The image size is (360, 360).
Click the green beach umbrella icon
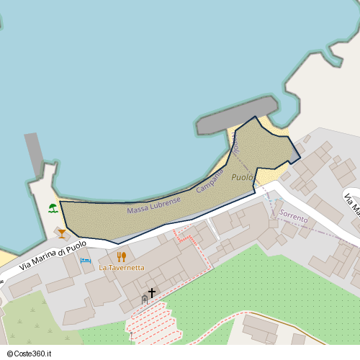coord(53,209)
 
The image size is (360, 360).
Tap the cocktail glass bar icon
coord(62,233)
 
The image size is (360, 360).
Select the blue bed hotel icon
coord(85,260)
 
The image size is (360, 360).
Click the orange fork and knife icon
coord(122,256)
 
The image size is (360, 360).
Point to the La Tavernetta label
coord(122,268)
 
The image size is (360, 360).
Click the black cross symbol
coord(152,292)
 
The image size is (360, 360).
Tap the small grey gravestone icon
coord(144,298)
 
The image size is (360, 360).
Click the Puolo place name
coord(243,177)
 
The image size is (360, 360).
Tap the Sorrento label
coord(294,215)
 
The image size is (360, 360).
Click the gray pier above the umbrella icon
coord(34,153)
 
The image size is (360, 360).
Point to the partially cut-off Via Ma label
coord(351,204)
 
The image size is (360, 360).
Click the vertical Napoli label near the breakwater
coord(235,144)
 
